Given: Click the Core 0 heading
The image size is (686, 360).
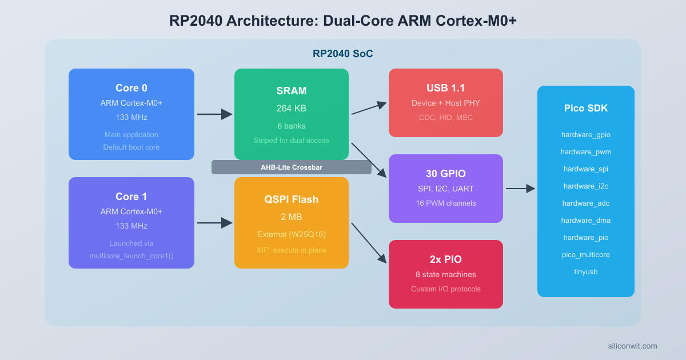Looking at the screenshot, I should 131,88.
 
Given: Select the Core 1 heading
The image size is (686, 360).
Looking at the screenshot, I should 131,197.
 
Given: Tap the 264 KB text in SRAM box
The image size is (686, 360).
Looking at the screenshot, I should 292,108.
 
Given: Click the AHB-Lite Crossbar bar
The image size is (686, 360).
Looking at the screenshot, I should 292,167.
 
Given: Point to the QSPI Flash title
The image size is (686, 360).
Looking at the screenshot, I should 292,199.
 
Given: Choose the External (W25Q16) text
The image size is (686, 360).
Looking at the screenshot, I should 292,234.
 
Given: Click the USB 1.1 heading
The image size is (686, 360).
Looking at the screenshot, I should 446,88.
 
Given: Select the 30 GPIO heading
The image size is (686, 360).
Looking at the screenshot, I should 446,174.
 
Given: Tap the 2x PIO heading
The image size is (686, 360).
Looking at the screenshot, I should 446,259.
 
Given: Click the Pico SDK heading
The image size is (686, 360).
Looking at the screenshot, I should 586,108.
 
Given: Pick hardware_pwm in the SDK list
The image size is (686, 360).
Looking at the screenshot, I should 586,152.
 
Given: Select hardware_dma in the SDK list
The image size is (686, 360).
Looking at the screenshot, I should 586,221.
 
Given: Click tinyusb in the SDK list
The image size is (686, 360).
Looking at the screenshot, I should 586,272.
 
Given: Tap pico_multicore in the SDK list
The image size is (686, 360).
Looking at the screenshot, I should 586,255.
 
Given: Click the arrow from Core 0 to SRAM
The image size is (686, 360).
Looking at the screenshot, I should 214,114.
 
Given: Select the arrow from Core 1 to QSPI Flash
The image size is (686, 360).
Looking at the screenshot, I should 214,223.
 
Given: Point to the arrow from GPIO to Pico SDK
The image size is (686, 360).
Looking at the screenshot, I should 520,189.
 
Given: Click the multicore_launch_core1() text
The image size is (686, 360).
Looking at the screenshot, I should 131,255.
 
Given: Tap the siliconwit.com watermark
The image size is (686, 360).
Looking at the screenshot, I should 632,346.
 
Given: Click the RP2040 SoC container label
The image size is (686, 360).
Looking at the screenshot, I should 343,54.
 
